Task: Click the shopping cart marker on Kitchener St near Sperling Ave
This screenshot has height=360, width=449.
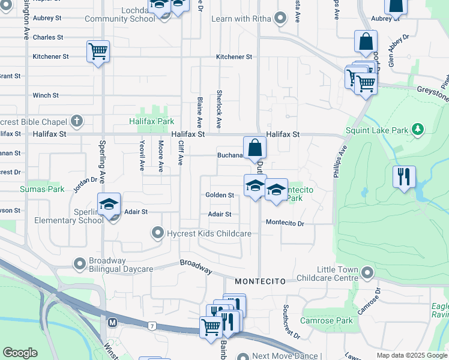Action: tap(98, 51)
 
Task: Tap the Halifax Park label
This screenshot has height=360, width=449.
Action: tap(151, 121)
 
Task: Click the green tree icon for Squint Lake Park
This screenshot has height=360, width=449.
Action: tap(418, 130)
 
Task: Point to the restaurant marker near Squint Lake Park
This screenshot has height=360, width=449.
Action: tap(404, 177)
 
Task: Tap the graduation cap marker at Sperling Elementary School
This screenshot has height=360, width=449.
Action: tap(109, 205)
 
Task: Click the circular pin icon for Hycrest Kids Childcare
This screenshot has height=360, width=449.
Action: tap(158, 233)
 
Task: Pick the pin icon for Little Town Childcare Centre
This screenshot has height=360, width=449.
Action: tap(367, 274)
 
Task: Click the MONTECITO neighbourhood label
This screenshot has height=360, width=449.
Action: tap(258, 281)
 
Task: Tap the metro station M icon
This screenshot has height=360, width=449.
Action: tap(112, 322)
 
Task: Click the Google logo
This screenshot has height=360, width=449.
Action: tap(20, 353)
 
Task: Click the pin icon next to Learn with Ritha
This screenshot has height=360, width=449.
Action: tap(279, 19)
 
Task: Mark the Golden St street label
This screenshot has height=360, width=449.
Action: tap(219, 195)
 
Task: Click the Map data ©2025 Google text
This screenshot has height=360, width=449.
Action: tap(412, 355)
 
